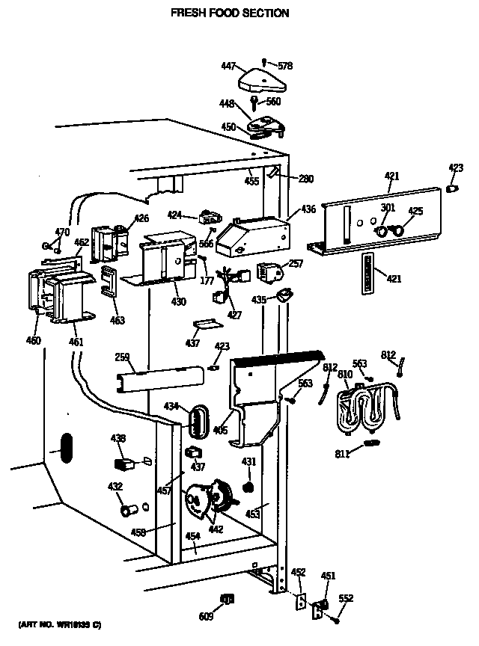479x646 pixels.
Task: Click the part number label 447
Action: [x=228, y=67]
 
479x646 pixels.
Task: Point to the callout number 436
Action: [x=308, y=211]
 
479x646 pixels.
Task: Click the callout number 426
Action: [x=141, y=218]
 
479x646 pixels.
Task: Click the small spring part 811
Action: [x=368, y=444]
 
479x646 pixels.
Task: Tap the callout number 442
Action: [x=216, y=529]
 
